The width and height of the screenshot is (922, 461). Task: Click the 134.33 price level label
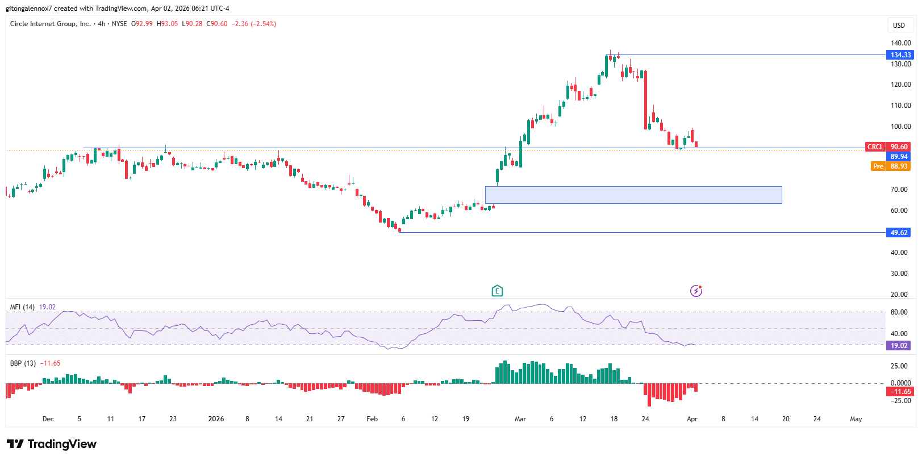point(900,55)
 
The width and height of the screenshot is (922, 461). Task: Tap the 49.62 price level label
point(899,233)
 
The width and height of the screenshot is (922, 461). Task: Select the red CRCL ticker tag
point(875,147)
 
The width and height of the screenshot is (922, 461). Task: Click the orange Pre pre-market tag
point(878,166)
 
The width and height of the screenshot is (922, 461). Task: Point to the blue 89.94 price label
point(899,157)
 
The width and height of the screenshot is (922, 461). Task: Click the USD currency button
point(899,25)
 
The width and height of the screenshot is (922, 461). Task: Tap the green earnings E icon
point(497,291)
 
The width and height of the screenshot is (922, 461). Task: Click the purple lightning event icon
point(696,291)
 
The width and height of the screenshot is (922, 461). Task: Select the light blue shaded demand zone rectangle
point(633,195)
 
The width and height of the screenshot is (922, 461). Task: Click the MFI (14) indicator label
point(22,307)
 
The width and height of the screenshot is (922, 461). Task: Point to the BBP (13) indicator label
point(23,363)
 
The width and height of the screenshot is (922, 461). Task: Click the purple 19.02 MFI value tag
point(899,346)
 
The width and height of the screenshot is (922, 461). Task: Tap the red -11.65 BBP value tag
point(900,392)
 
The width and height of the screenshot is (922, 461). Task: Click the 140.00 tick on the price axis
point(900,43)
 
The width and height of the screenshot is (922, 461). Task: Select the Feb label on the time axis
point(372,419)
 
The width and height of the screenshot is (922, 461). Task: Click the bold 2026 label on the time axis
point(216,419)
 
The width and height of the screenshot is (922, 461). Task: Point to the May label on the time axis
point(856,419)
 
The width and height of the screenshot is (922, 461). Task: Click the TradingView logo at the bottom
point(52,444)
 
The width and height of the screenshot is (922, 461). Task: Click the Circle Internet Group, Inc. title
point(51,24)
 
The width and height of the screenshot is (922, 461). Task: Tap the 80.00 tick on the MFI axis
point(899,312)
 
